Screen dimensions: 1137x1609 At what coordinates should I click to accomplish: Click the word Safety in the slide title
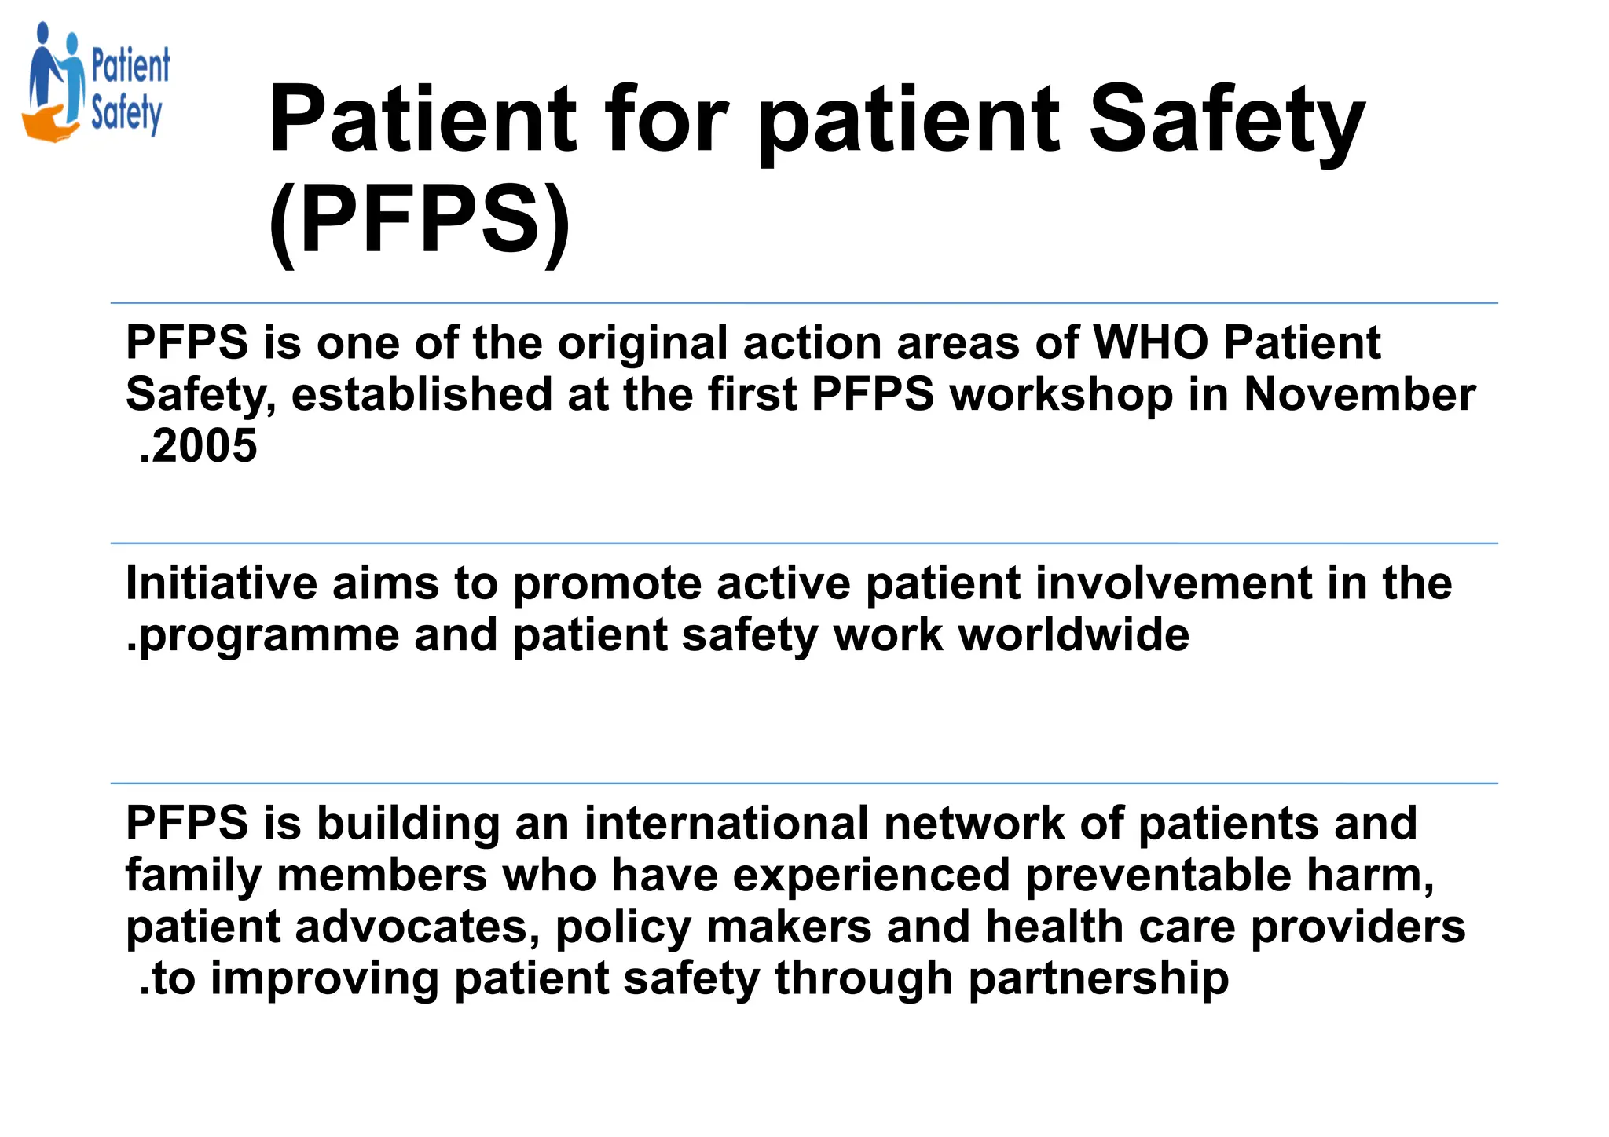point(1226,122)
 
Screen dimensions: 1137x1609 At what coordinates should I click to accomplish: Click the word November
point(1359,394)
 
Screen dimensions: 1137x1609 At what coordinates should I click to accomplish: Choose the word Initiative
point(221,583)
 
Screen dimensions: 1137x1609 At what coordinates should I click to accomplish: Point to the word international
point(726,824)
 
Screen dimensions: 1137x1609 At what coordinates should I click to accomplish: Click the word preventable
point(1158,876)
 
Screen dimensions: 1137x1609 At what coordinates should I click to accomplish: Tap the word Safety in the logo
point(126,115)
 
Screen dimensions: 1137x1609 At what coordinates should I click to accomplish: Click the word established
point(421,394)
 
